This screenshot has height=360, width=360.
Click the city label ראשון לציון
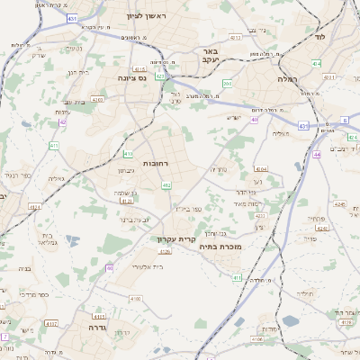148,15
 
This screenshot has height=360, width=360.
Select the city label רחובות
132,151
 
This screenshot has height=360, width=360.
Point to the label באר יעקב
211,58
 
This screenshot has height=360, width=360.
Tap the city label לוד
319,38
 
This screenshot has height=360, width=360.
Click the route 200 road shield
228,83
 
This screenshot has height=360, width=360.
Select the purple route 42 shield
62,123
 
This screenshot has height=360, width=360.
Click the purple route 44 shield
317,154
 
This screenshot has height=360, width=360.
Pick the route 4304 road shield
261,168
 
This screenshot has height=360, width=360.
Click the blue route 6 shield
345,120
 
